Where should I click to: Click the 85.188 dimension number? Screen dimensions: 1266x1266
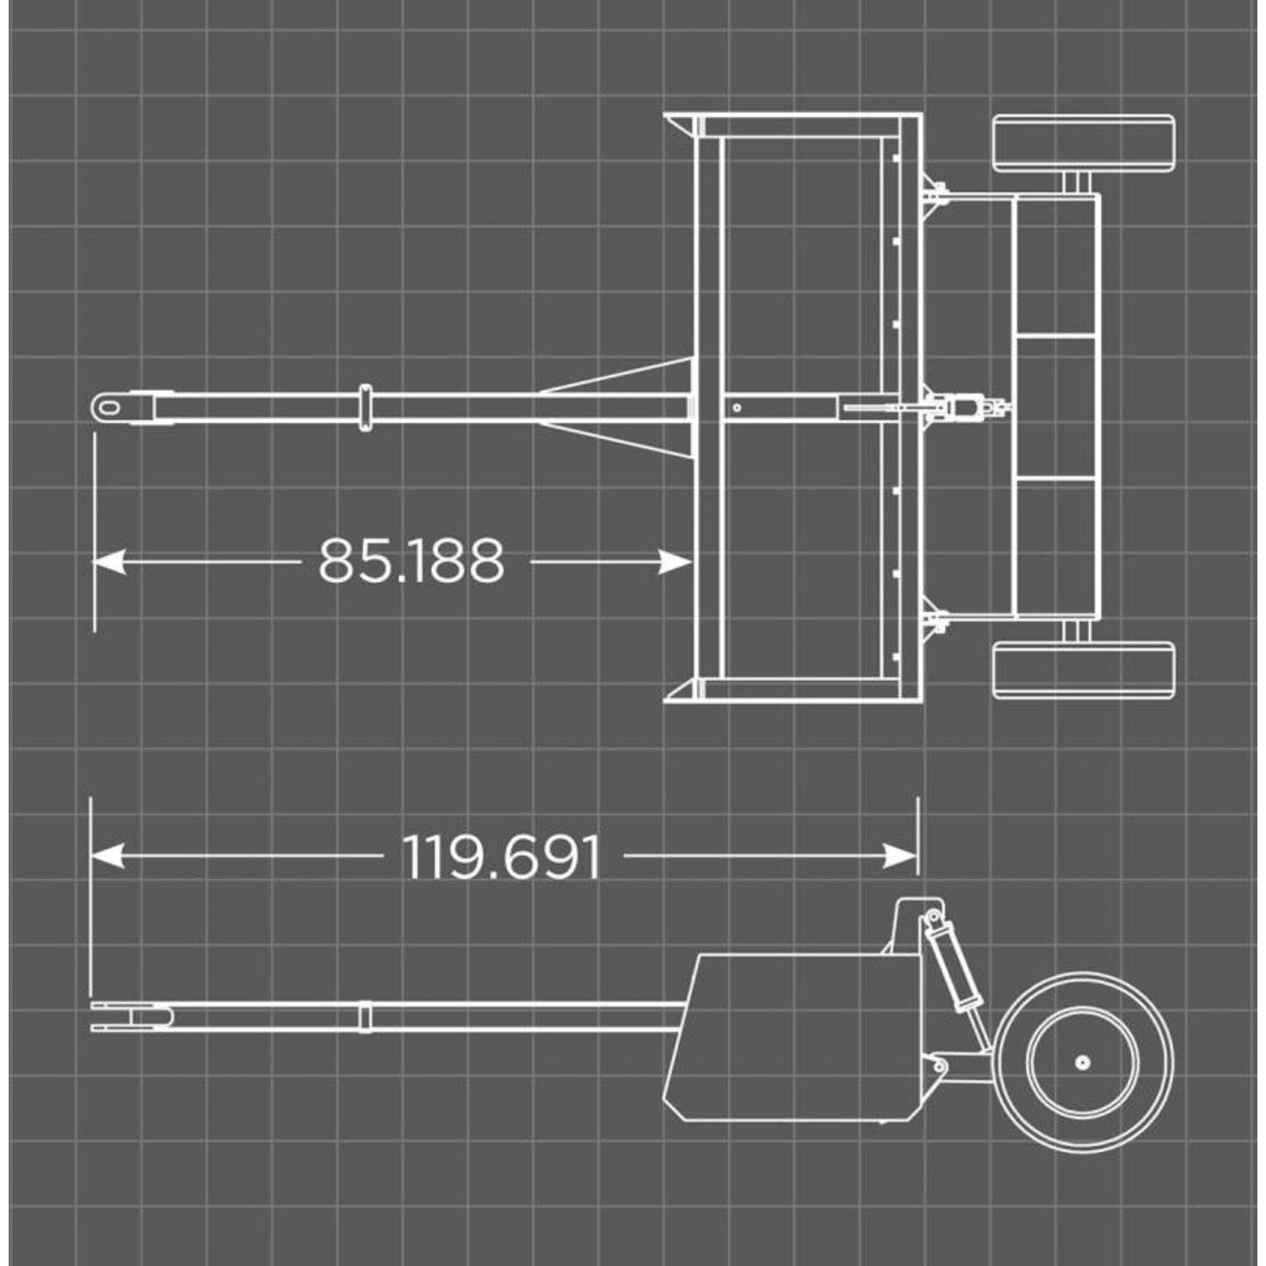click(x=411, y=562)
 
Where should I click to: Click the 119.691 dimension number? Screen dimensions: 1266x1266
click(x=502, y=858)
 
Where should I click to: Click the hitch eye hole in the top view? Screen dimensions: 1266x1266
click(x=109, y=407)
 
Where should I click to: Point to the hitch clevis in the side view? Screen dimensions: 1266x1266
click(x=131, y=1016)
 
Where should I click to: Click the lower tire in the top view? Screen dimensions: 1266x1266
click(x=1083, y=671)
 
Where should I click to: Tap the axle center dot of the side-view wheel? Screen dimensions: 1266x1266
click(x=1083, y=1063)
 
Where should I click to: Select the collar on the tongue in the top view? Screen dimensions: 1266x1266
click(x=365, y=407)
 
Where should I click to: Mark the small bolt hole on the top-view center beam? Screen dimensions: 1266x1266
click(x=738, y=407)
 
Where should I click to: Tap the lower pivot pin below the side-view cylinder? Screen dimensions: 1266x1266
click(x=940, y=1066)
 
